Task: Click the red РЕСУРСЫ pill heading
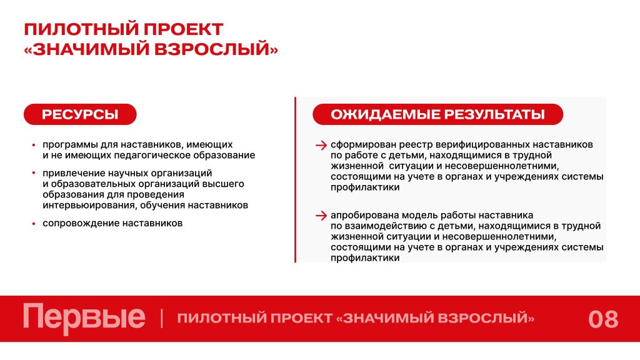80,114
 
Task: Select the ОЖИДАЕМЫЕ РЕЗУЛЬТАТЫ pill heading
437,114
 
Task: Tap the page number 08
603,319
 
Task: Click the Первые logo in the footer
84,318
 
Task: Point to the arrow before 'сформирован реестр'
321,145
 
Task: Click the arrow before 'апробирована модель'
321,215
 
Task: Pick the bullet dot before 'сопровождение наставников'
34,223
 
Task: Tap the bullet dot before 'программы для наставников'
34,144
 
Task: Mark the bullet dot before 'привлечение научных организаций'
34,173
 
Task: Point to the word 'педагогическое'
152,156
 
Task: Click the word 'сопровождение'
81,224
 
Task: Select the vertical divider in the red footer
162,318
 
